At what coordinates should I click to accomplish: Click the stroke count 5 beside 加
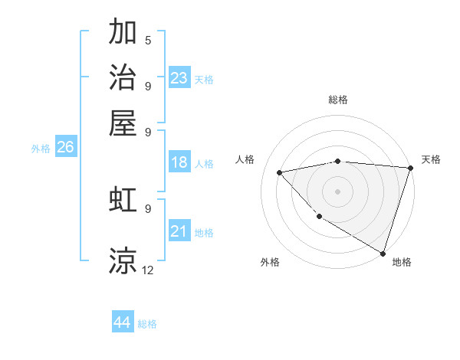click(x=148, y=40)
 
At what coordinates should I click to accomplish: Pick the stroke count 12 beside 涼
click(x=148, y=270)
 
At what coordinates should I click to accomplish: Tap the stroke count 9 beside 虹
click(x=148, y=208)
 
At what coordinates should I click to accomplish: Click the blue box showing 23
click(x=179, y=77)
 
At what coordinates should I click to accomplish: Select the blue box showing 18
click(x=179, y=162)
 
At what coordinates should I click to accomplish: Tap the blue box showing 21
click(x=179, y=231)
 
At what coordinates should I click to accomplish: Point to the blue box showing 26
click(x=65, y=147)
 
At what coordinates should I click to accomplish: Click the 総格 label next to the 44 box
click(x=147, y=324)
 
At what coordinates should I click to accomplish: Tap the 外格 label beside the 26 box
click(x=41, y=149)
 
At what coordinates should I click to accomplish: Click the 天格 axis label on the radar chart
click(x=431, y=159)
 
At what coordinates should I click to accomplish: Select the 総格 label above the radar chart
click(x=338, y=100)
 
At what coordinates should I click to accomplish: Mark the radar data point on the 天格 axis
click(x=410, y=168)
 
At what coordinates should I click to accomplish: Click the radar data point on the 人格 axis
click(x=280, y=172)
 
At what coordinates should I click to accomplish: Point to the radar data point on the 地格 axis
click(x=383, y=252)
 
